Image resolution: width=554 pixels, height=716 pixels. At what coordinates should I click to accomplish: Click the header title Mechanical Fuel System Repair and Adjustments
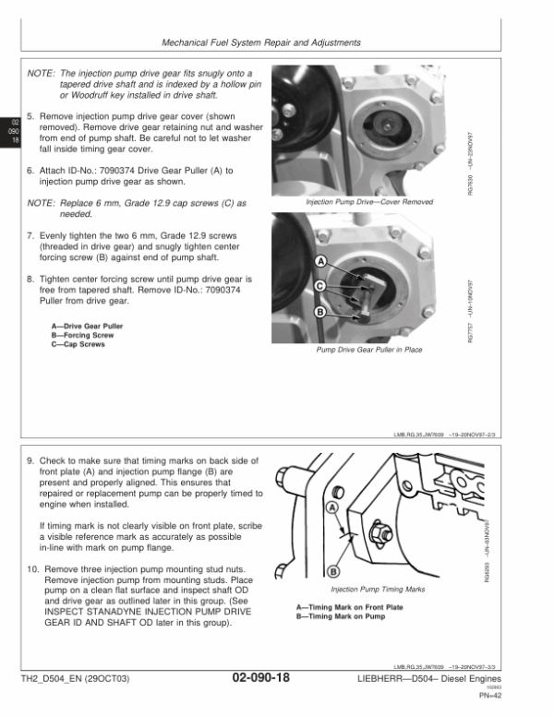click(260, 43)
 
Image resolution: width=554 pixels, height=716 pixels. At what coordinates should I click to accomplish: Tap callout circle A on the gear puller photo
click(319, 261)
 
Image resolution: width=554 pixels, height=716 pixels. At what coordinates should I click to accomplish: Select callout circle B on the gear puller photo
click(319, 313)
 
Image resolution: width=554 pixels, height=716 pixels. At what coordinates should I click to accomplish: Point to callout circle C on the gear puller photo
click(319, 286)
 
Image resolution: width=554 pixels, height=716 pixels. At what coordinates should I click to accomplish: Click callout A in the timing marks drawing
click(331, 507)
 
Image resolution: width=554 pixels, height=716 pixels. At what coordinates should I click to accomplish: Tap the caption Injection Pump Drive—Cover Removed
click(368, 201)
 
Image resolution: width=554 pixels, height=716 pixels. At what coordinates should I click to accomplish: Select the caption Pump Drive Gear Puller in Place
click(368, 350)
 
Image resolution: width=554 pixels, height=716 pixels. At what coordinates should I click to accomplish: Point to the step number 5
click(30, 118)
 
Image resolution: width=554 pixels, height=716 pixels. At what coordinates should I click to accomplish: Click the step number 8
click(30, 279)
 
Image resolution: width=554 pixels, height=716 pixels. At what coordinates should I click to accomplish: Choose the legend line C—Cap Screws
click(78, 345)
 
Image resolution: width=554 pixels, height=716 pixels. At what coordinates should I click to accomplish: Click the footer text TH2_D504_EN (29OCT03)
click(78, 679)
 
